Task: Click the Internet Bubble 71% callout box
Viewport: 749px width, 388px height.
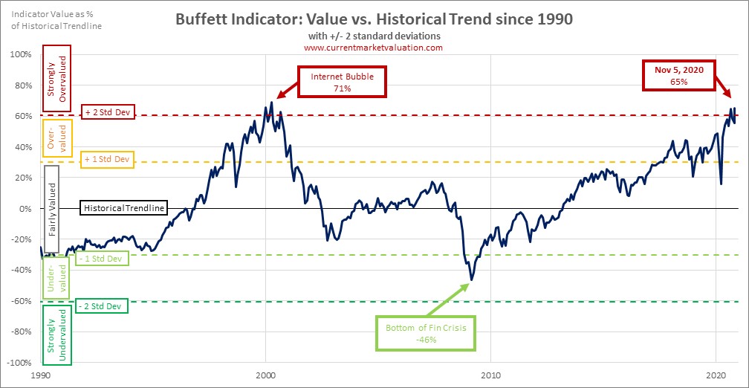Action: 342,82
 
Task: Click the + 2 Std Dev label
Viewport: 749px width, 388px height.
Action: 107,112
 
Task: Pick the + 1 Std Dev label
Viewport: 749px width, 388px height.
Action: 107,158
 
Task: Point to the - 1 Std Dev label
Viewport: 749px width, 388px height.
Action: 103,258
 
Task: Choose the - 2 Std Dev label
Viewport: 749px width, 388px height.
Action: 103,305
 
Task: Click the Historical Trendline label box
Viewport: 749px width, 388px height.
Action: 123,208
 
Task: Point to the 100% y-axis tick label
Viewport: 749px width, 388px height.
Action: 21,54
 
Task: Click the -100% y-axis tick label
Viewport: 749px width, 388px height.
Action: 19,363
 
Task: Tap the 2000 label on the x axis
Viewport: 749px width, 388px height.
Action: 266,377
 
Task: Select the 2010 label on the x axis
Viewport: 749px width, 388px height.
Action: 490,377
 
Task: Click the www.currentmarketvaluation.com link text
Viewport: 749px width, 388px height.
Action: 373,48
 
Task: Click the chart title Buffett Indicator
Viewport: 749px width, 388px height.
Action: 373,19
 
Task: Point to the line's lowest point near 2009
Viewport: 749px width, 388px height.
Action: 470,280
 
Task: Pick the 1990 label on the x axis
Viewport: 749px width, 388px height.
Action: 42,377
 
